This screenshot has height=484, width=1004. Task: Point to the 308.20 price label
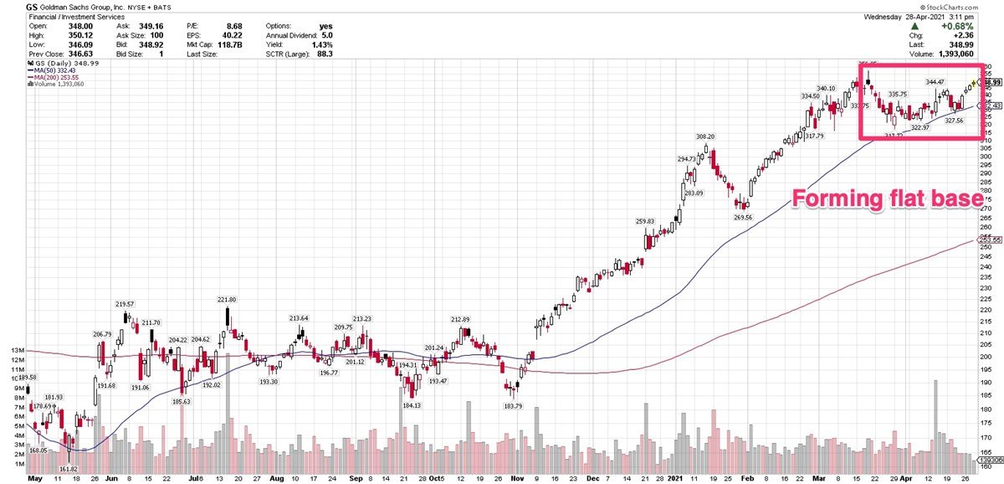point(705,136)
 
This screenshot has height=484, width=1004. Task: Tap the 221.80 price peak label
point(226,299)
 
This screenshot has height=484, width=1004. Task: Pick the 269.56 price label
point(743,217)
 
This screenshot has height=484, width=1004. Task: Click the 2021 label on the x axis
point(677,479)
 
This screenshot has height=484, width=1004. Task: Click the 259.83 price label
point(647,221)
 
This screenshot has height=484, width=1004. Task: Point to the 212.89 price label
point(463,319)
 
